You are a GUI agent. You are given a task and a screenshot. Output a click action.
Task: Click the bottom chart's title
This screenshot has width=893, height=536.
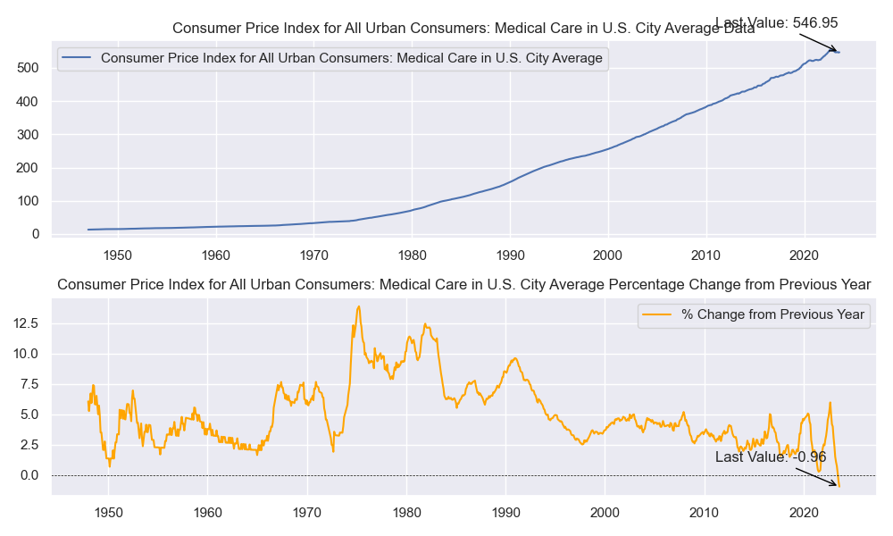tap(463, 285)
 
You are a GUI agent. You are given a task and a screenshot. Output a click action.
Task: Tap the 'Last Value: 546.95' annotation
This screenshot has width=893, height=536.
tap(776, 23)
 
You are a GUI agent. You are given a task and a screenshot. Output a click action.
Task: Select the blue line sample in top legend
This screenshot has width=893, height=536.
tap(78, 59)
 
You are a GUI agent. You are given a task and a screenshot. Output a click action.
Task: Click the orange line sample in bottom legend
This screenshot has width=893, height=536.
tap(657, 314)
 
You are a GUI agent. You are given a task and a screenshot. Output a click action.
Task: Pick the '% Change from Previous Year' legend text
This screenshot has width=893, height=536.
tap(772, 314)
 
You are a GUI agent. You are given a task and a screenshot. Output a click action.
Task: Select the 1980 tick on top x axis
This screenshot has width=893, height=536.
tap(412, 255)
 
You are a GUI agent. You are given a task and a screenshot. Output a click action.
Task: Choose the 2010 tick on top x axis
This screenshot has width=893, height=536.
tap(706, 255)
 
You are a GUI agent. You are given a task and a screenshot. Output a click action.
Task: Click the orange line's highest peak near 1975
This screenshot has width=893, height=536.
tap(359, 306)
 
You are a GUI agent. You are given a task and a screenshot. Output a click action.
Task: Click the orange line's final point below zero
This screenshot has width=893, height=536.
tap(839, 486)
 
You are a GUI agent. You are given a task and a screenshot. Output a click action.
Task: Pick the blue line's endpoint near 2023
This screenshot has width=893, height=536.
tap(839, 53)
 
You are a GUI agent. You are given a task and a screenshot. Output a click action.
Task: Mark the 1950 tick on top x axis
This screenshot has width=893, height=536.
tap(118, 255)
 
